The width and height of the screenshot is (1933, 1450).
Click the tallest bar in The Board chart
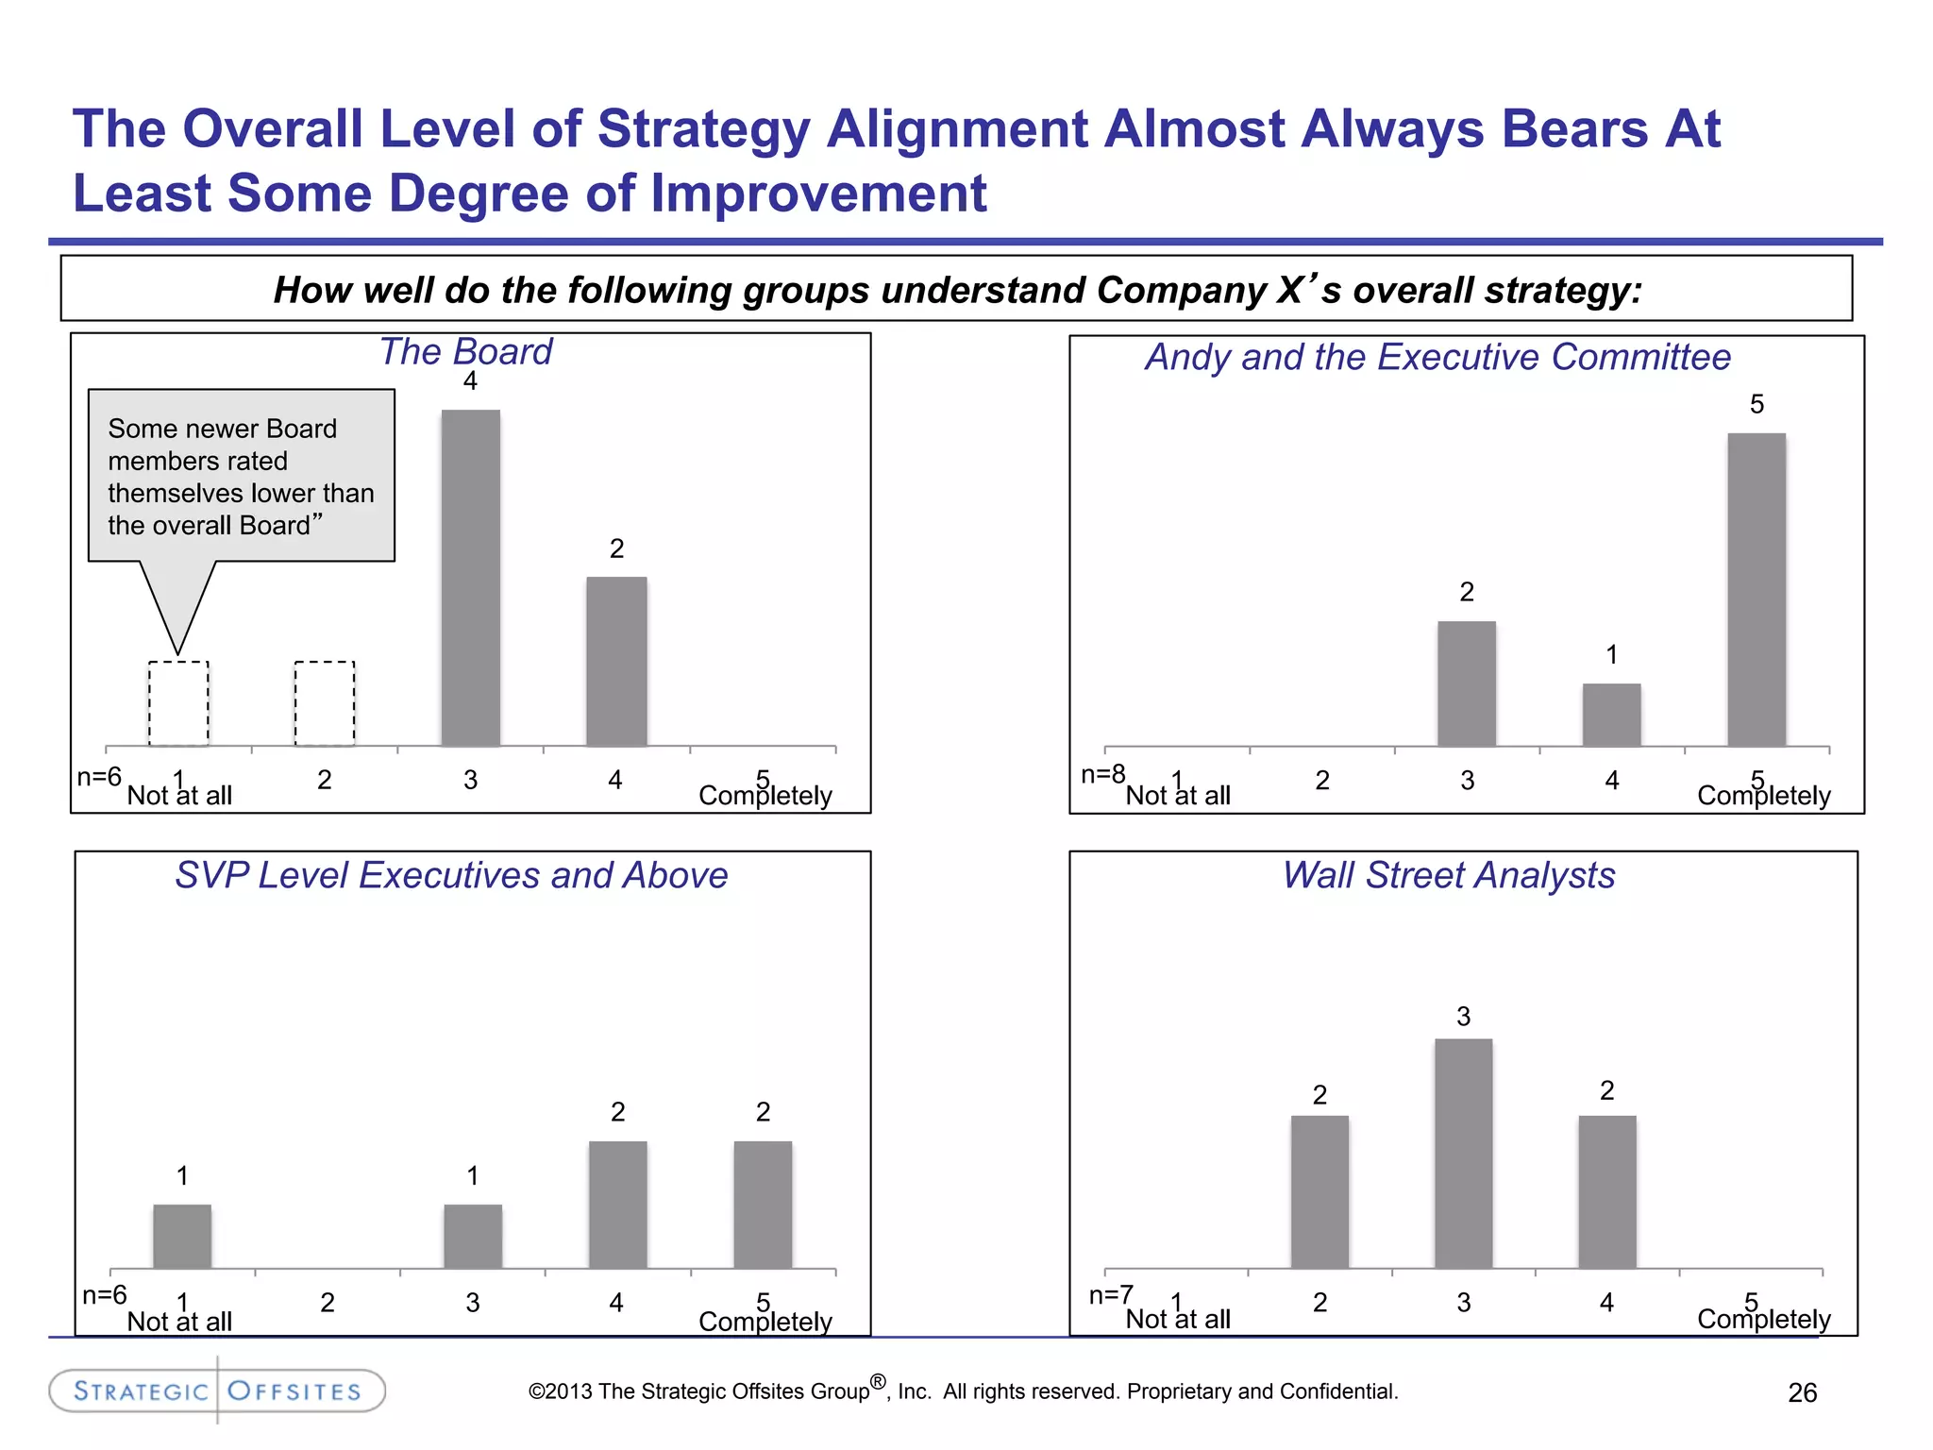point(470,578)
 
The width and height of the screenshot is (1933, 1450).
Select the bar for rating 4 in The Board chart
point(616,661)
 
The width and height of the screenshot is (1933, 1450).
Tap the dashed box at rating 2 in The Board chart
point(325,703)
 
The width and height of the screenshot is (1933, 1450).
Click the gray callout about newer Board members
point(241,476)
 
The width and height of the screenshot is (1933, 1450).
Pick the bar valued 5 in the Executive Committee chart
point(1756,590)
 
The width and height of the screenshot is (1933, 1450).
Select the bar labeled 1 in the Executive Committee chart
point(1611,715)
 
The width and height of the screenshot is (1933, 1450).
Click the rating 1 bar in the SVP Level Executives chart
point(182,1236)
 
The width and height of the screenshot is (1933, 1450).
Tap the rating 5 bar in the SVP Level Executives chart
point(763,1205)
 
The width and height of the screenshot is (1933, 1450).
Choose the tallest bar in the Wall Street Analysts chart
point(1463,1153)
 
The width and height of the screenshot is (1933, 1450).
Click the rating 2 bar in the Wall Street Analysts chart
point(1319,1191)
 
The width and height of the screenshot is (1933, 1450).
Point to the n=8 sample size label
point(1102,775)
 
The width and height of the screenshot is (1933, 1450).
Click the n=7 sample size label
point(1111,1295)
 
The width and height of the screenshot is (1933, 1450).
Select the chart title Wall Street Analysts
point(1448,875)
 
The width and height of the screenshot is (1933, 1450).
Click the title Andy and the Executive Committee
point(1437,357)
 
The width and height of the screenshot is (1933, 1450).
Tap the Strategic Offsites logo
point(217,1391)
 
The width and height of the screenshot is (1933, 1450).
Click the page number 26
point(1802,1392)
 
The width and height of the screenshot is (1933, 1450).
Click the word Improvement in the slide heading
point(818,194)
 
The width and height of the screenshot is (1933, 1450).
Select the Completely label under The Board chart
point(765,796)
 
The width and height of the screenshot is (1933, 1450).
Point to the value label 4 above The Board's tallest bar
point(470,381)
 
